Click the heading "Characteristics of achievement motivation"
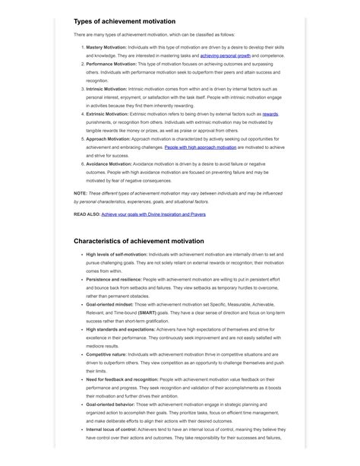click(x=139, y=241)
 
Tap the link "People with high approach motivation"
click(x=197, y=147)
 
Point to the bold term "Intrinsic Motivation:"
click(x=107, y=89)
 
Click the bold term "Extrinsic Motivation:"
click(x=108, y=114)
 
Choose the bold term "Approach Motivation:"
click(x=109, y=139)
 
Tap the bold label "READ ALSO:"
click(x=87, y=215)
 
